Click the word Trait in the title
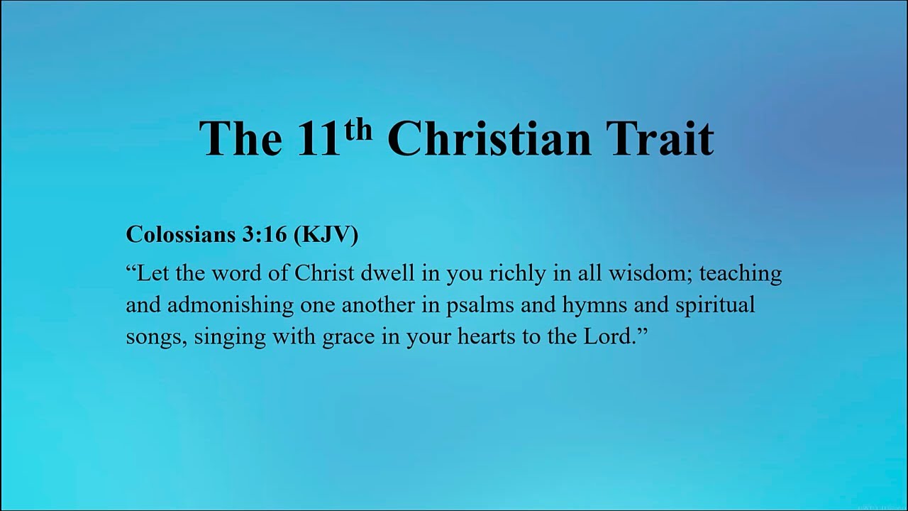pyautogui.click(x=660, y=138)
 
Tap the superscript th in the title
pyautogui.click(x=358, y=130)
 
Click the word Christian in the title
pyautogui.click(x=489, y=138)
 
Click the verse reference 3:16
pyautogui.click(x=265, y=234)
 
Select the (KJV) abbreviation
pyautogui.click(x=326, y=235)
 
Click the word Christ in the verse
pyautogui.click(x=324, y=273)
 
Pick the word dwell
pyautogui.click(x=388, y=273)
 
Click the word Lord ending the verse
pyautogui.click(x=607, y=336)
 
